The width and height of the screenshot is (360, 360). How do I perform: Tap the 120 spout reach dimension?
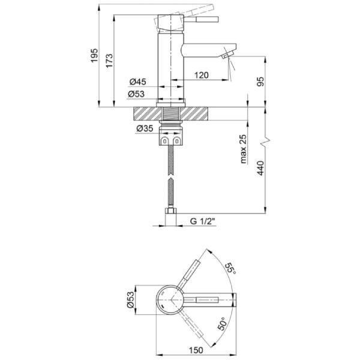(200, 76)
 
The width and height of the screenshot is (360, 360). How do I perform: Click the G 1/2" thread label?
(203, 221)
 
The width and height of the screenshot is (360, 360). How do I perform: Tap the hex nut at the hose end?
(172, 214)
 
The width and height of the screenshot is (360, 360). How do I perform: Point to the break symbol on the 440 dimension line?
(266, 144)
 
